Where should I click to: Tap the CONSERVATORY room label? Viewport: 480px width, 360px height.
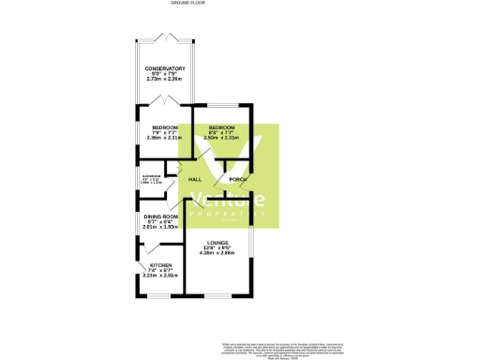pyautogui.click(x=164, y=68)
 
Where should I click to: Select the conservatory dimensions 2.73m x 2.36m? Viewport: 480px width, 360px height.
pyautogui.click(x=164, y=80)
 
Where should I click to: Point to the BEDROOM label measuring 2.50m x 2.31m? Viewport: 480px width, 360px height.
pyautogui.click(x=221, y=127)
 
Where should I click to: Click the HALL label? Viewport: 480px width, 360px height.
pyautogui.click(x=195, y=179)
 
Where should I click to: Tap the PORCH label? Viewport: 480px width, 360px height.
pyautogui.click(x=237, y=179)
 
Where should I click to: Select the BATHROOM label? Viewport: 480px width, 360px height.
pyautogui.click(x=150, y=175)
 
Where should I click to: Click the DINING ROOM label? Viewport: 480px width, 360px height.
pyautogui.click(x=156, y=216)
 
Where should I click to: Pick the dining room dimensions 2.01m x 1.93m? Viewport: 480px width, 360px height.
pyautogui.click(x=156, y=227)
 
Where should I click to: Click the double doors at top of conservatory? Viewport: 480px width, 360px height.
pyautogui.click(x=164, y=38)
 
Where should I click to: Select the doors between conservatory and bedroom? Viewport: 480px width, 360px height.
pyautogui.click(x=164, y=101)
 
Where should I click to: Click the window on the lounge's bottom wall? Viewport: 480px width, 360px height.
pyautogui.click(x=221, y=296)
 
